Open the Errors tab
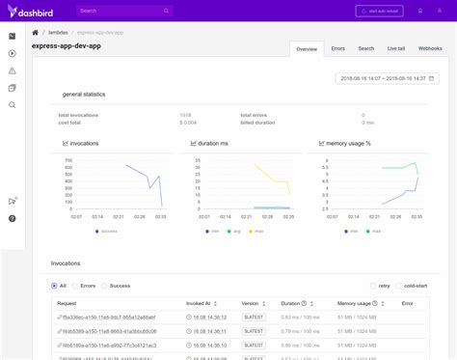(x=337, y=47)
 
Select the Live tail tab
(x=396, y=47)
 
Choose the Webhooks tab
(x=430, y=47)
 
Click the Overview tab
(x=307, y=48)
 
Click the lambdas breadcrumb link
(x=57, y=33)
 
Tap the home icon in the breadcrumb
(x=36, y=33)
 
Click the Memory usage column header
(x=354, y=303)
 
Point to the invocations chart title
(x=84, y=143)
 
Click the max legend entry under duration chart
(x=255, y=231)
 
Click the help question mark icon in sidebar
(x=12, y=218)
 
